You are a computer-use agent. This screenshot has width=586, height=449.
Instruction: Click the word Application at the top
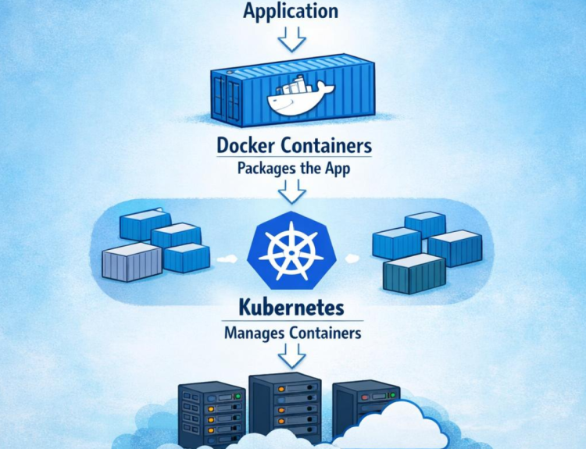pyautogui.click(x=291, y=10)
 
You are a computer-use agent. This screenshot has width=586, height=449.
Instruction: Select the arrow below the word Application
pyautogui.click(x=292, y=39)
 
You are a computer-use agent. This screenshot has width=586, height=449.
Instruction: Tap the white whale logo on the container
pyautogui.click(x=300, y=95)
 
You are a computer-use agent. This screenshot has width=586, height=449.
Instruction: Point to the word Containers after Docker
pyautogui.click(x=327, y=145)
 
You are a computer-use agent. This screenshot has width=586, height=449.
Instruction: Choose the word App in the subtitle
pyautogui.click(x=338, y=169)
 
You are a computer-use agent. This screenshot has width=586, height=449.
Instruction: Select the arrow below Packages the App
pyautogui.click(x=292, y=191)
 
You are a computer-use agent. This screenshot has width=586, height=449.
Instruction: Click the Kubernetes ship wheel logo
pyautogui.click(x=292, y=251)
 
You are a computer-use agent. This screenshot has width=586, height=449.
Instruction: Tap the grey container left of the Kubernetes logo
pyautogui.click(x=132, y=262)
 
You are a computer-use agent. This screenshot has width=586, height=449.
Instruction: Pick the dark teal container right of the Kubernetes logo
pyautogui.click(x=414, y=273)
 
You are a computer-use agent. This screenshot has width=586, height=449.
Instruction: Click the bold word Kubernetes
pyautogui.click(x=291, y=308)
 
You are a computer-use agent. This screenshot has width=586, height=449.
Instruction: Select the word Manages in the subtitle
pyautogui.click(x=255, y=333)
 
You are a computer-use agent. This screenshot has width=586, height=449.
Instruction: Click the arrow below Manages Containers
pyautogui.click(x=292, y=356)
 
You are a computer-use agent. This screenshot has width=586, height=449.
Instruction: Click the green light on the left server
pyautogui.click(x=238, y=397)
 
